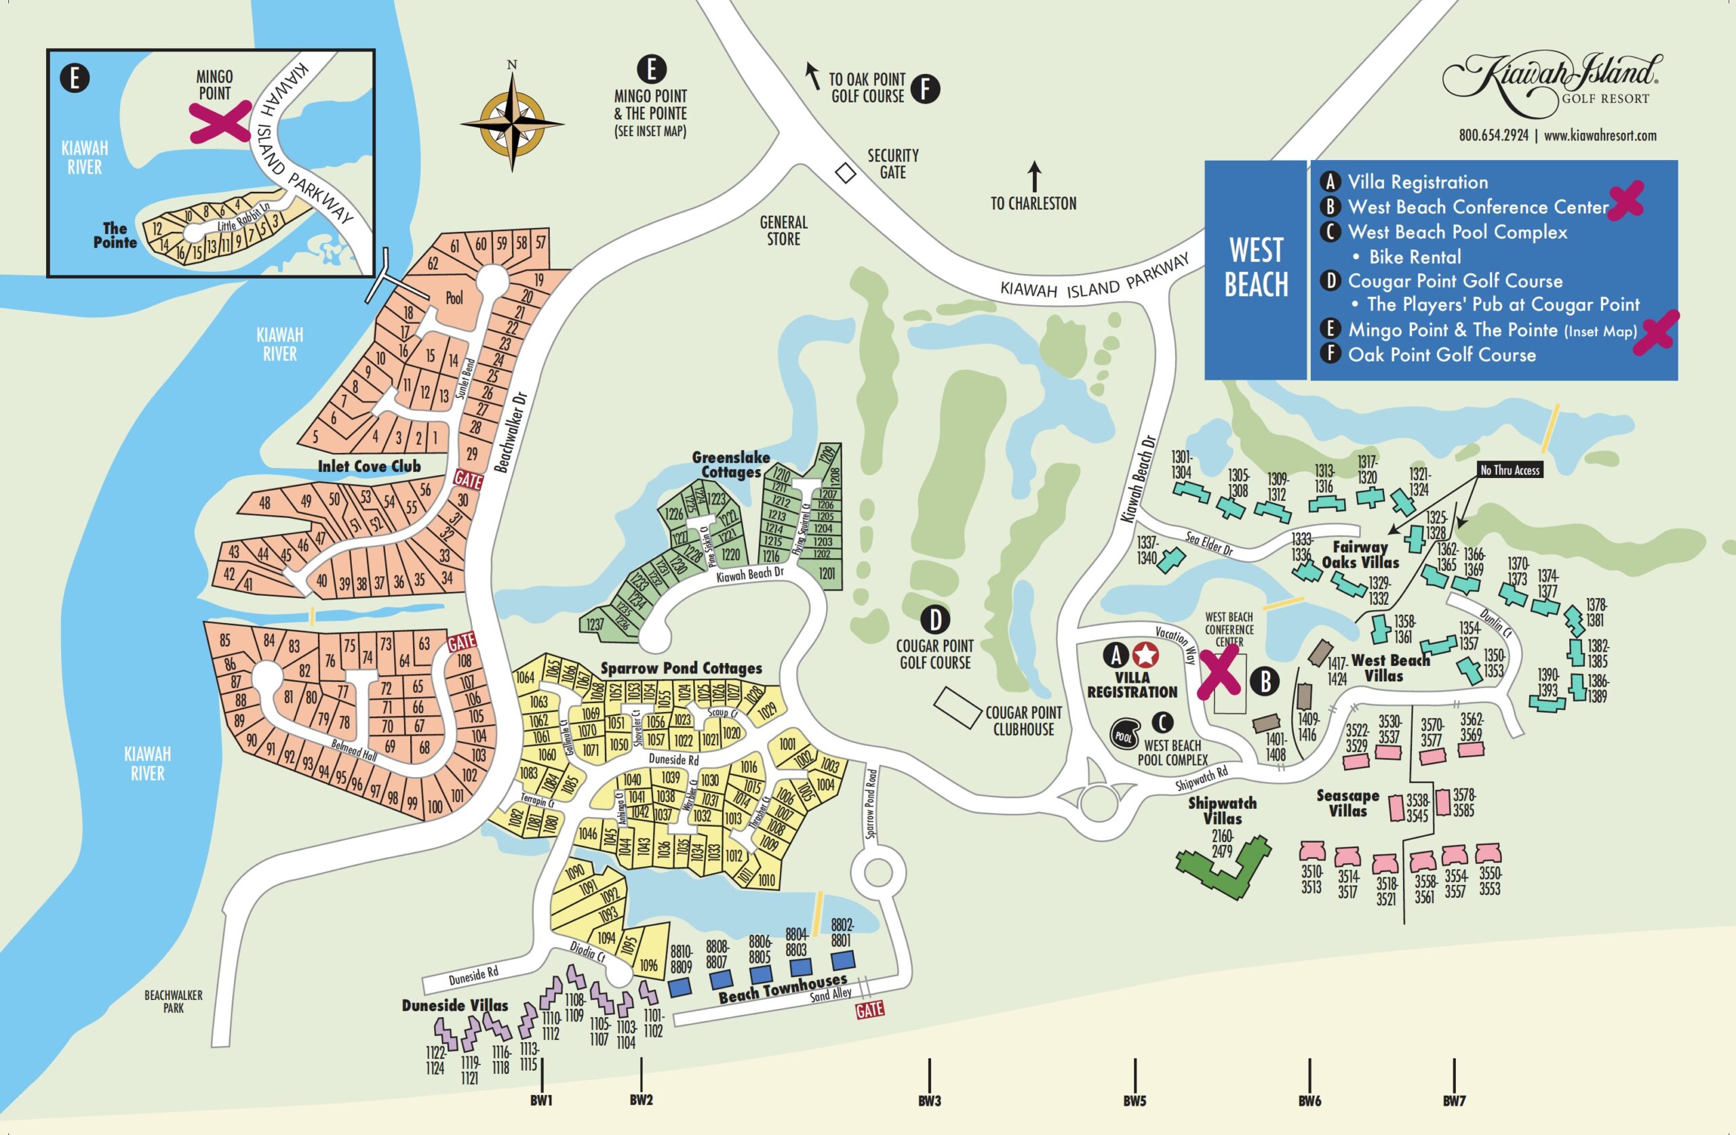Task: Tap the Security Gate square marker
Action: coord(845,174)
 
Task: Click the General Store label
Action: coord(783,231)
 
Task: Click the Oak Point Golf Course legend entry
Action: coord(1440,355)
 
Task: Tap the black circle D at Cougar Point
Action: coord(934,620)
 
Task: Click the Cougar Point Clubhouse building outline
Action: coord(958,708)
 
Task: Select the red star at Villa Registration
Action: coord(1145,655)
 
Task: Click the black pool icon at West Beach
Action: coord(1125,735)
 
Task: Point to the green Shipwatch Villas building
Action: coord(1224,869)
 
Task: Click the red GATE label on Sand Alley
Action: coord(869,1010)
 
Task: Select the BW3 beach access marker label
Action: coord(929,1100)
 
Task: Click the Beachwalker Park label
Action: coord(174,1001)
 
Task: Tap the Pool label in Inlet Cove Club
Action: coord(454,298)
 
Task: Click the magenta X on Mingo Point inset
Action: coord(220,121)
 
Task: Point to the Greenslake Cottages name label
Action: coord(731,464)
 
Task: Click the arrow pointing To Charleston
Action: coord(1034,176)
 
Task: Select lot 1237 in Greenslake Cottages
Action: coord(595,624)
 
